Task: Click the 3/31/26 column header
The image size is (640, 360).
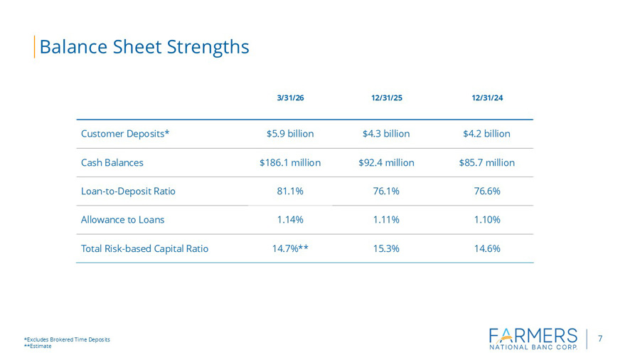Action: [290, 98]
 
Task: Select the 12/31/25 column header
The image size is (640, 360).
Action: [387, 98]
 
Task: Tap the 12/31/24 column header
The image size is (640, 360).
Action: [487, 98]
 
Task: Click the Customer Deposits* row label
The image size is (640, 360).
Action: [125, 134]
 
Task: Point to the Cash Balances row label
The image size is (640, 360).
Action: [112, 162]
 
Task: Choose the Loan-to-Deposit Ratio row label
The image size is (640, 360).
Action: [128, 191]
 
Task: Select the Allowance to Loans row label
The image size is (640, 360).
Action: [122, 220]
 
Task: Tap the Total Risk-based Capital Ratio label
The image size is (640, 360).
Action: [144, 248]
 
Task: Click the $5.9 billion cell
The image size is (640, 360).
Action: [290, 134]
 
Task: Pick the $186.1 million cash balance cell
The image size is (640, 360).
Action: [290, 162]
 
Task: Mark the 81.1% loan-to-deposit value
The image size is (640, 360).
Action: [290, 191]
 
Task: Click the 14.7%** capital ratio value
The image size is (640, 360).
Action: [290, 248]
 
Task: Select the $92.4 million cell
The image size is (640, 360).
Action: [386, 162]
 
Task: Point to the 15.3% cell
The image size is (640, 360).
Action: [386, 248]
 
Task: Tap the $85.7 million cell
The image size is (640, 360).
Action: [487, 162]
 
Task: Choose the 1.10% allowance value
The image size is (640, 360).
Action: [487, 220]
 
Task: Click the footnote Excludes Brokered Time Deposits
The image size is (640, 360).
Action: [67, 339]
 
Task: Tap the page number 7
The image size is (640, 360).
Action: [600, 339]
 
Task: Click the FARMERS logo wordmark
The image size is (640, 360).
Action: [533, 336]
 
